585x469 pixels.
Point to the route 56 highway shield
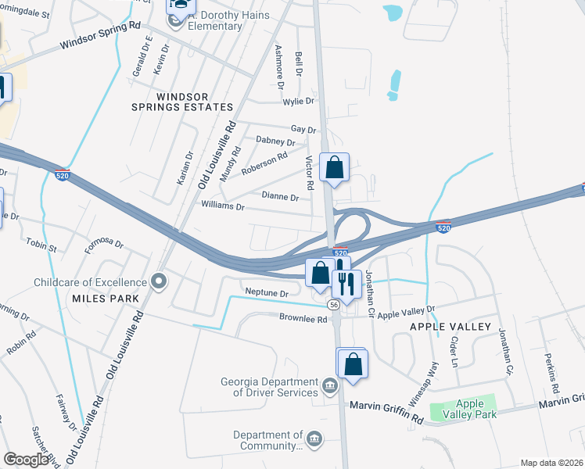tap(334, 303)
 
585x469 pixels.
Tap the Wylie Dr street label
tap(298, 102)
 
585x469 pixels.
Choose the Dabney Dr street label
tap(275, 142)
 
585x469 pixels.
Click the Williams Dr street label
tap(224, 207)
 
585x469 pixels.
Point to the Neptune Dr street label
tap(267, 292)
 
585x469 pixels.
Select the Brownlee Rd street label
tap(303, 317)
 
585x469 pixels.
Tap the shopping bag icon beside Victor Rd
tap(334, 167)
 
